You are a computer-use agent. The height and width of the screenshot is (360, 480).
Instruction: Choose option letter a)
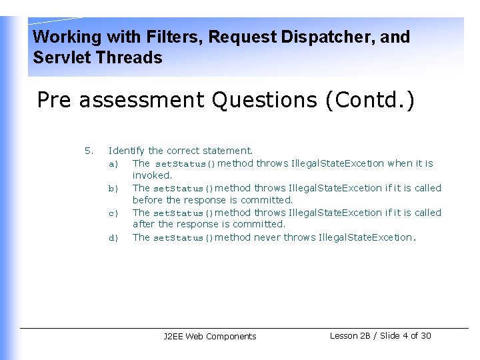pyautogui.click(x=113, y=163)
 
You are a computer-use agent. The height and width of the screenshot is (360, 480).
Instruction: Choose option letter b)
pyautogui.click(x=113, y=188)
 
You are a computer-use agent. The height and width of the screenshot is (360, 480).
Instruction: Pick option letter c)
pyautogui.click(x=113, y=213)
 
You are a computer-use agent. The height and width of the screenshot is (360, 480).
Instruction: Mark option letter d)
pyautogui.click(x=113, y=237)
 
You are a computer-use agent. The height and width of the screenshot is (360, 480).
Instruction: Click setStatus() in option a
pyautogui.click(x=185, y=163)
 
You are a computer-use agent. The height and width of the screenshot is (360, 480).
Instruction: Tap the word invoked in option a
pyautogui.click(x=152, y=175)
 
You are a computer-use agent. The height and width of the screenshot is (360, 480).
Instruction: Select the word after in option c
pyautogui.click(x=143, y=225)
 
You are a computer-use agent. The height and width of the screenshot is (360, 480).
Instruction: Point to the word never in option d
pyautogui.click(x=267, y=237)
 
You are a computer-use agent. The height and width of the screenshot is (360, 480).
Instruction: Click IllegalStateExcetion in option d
pyautogui.click(x=365, y=237)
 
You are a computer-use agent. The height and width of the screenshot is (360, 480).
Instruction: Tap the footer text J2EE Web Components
pyautogui.click(x=209, y=337)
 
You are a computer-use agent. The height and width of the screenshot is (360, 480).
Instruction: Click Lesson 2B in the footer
pyautogui.click(x=352, y=335)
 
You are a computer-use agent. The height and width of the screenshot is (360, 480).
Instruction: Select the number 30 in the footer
pyautogui.click(x=425, y=335)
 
